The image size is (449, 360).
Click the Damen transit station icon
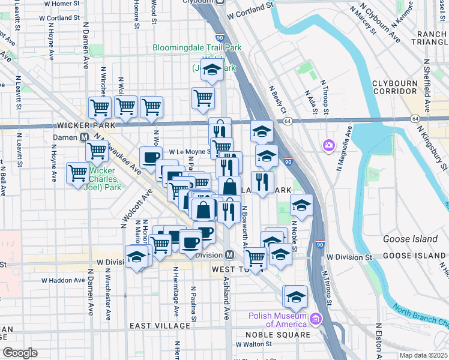86,137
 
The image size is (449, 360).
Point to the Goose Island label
411,239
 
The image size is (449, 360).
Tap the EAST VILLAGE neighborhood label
160,325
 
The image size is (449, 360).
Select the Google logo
20,353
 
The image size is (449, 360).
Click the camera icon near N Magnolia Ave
328,145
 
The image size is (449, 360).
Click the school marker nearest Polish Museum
295,298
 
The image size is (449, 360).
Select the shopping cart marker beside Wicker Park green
78,173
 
